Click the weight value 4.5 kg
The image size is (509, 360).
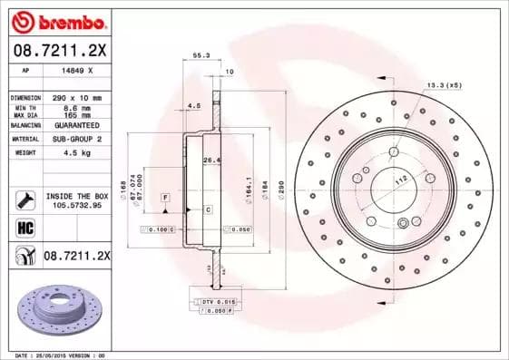pos(73,153)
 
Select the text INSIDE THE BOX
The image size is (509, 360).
pos(76,196)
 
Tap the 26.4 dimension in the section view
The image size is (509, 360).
pos(210,161)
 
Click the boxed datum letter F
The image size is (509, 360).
pos(166,197)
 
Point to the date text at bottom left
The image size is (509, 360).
pos(54,355)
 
